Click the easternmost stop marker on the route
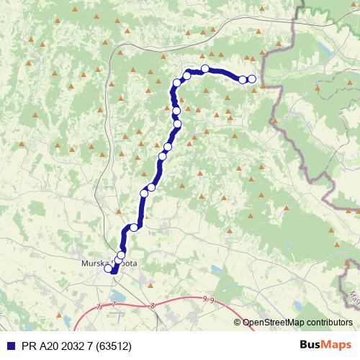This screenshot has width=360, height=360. pos(251,79)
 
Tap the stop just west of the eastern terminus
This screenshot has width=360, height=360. pos(243,79)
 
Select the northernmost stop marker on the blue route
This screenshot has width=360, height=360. pos(205,69)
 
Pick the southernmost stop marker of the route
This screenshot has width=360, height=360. pos(109,269)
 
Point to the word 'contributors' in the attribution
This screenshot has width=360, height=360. pos(329,323)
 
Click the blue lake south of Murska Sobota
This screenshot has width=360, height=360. pos(117,293)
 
